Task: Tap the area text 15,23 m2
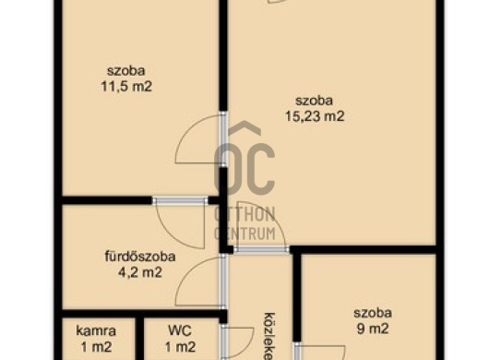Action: pyautogui.click(x=314, y=116)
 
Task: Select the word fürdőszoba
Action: pyautogui.click(x=138, y=257)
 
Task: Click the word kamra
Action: pyautogui.click(x=95, y=330)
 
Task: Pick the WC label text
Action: pyautogui.click(x=179, y=330)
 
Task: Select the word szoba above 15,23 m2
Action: pyautogui.click(x=314, y=101)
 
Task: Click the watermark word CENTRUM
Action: pyautogui.click(x=245, y=233)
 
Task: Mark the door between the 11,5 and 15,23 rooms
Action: pyautogui.click(x=222, y=138)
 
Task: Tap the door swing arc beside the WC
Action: pyautogui.click(x=238, y=342)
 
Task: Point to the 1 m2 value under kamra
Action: pyautogui.click(x=95, y=346)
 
